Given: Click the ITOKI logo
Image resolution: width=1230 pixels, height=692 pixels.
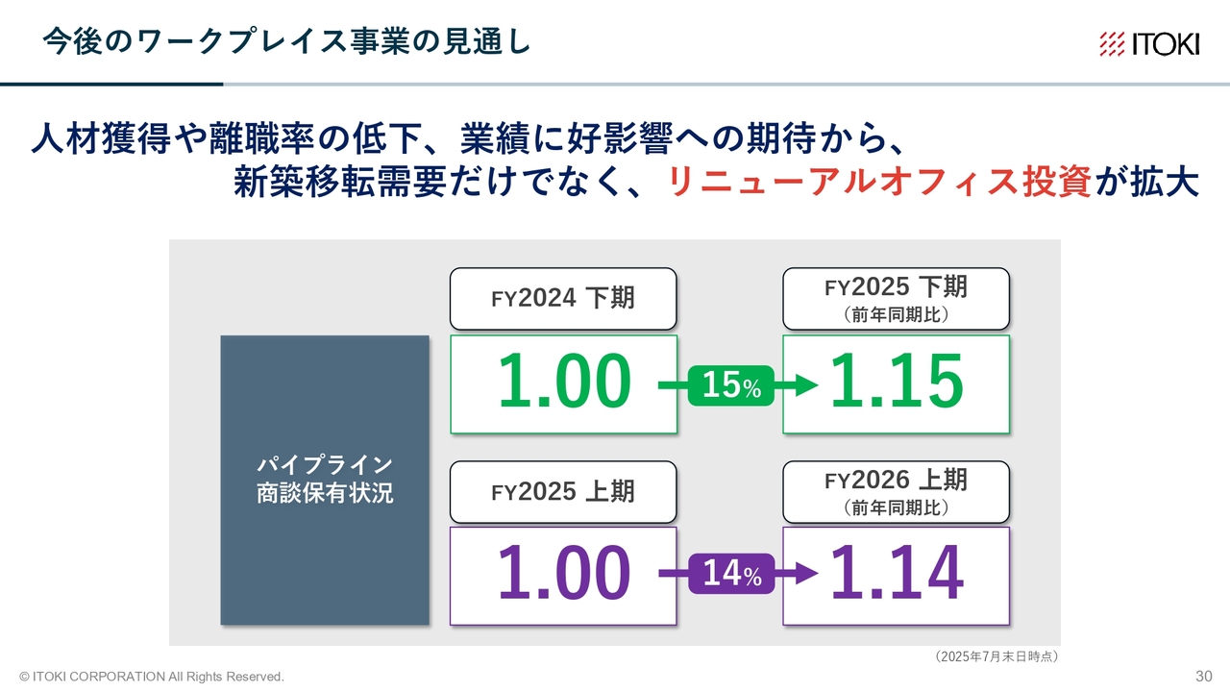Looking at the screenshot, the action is tap(1149, 44).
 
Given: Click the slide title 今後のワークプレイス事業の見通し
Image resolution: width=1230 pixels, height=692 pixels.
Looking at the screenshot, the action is tap(286, 41).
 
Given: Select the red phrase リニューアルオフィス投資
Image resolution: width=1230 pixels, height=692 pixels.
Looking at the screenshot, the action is tap(878, 182).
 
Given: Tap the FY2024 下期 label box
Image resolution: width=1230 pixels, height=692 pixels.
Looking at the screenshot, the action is tap(563, 299).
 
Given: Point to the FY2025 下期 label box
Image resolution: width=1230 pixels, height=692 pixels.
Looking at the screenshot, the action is tap(897, 299).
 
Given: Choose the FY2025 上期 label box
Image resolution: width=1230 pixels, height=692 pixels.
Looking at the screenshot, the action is tap(563, 491).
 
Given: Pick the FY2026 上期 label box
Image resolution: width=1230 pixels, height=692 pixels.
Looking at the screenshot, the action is tap(897, 491).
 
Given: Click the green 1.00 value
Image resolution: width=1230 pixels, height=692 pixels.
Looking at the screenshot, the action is tap(564, 381).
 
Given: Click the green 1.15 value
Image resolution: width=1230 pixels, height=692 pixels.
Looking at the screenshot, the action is tap(898, 381).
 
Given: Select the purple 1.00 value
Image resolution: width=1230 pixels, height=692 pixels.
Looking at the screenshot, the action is tap(564, 572).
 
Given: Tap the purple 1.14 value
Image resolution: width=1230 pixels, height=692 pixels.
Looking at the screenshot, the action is tap(898, 572).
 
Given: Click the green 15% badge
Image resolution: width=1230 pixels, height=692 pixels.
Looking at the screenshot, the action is tap(731, 385).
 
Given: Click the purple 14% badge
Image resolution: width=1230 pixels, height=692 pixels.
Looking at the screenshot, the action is tap(731, 574).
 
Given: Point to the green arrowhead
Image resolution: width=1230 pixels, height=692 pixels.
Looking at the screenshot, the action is tap(806, 385).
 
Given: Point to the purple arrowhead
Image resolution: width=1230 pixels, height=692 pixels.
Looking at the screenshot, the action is tap(806, 574).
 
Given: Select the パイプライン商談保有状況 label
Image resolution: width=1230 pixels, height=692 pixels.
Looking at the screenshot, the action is tap(325, 479).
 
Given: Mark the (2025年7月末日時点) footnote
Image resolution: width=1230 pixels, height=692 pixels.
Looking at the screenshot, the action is tap(996, 656).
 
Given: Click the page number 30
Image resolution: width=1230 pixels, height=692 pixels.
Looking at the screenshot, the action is tap(1204, 676).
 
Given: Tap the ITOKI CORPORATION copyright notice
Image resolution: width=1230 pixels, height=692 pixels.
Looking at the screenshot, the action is tap(152, 677).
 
